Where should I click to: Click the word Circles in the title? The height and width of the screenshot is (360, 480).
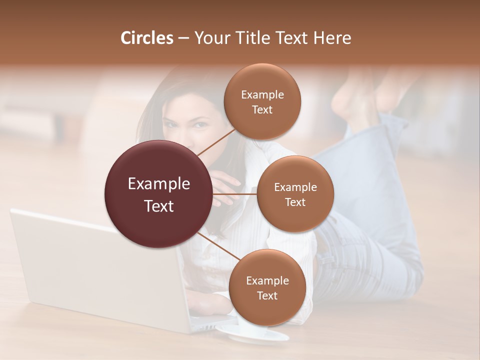pyautogui.click(x=146, y=38)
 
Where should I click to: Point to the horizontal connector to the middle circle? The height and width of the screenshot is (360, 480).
pyautogui.click(x=235, y=193)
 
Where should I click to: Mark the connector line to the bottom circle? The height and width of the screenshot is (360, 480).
pyautogui.click(x=218, y=246)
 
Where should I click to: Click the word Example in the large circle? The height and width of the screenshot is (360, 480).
pyautogui.click(x=158, y=184)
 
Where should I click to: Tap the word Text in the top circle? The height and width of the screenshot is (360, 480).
pyautogui.click(x=262, y=109)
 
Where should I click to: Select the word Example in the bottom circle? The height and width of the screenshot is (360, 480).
pyautogui.click(x=267, y=280)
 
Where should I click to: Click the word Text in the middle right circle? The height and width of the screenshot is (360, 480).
pyautogui.click(x=295, y=202)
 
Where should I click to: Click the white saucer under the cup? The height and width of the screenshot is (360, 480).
pyautogui.click(x=252, y=335)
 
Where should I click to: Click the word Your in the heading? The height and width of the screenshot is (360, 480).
pyautogui.click(x=210, y=38)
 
